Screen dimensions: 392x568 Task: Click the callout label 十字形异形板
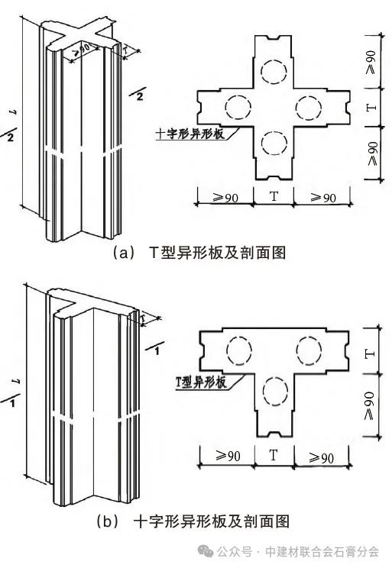coord(190,134)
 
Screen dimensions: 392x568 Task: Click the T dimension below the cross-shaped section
coord(274,196)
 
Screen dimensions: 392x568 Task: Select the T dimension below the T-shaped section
coord(274,455)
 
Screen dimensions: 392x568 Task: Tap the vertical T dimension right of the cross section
coord(371,108)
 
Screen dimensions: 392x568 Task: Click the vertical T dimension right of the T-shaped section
coord(369,354)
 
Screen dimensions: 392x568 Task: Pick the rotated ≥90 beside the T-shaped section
coord(369,405)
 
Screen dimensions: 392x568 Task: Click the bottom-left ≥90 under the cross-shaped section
coord(225,198)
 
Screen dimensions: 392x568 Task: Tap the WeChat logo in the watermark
coord(206,551)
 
